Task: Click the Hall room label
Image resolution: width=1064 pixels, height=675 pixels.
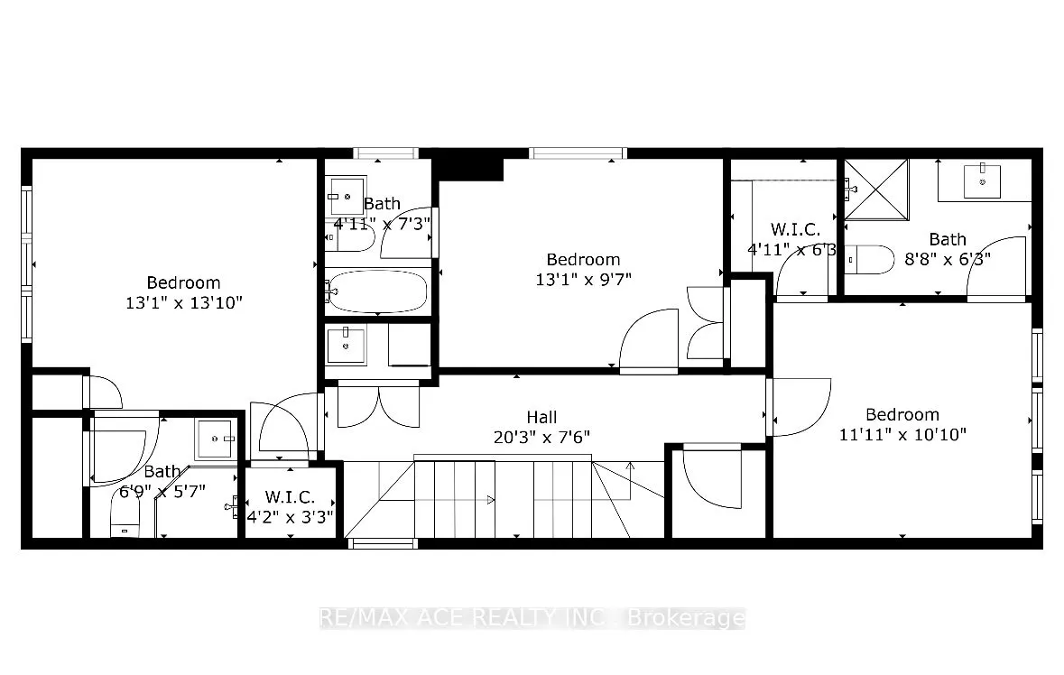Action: [x=541, y=417]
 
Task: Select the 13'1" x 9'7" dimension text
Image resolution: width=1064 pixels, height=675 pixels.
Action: [x=583, y=279]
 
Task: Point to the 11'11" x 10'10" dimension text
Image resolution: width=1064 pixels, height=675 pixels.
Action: [x=902, y=434]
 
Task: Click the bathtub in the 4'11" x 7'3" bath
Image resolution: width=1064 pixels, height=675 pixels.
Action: [x=377, y=291]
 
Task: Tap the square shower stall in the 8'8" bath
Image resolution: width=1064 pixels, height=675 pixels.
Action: [x=874, y=189]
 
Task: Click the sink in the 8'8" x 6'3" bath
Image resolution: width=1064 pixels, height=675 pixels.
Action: [x=982, y=181]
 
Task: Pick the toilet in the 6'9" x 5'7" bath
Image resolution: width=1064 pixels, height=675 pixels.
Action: [x=125, y=522]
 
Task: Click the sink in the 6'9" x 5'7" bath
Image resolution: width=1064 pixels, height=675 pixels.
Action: [x=216, y=439]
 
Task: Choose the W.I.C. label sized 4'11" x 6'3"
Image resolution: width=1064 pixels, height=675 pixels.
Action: [x=793, y=229]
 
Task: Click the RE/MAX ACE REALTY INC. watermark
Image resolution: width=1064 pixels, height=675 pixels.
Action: [x=532, y=618]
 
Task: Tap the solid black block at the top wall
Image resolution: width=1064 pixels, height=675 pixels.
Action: [x=468, y=168]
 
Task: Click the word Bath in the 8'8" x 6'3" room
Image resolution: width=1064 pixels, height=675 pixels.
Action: [x=948, y=239]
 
